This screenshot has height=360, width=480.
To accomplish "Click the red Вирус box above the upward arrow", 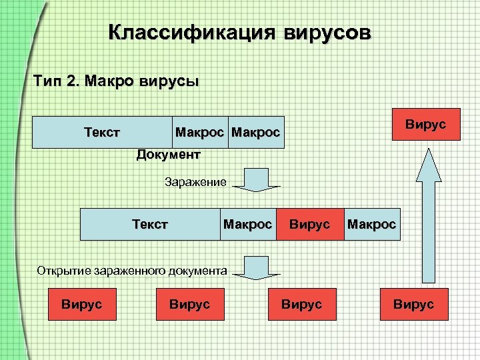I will [x=425, y=124].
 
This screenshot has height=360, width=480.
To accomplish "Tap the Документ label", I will [x=168, y=155].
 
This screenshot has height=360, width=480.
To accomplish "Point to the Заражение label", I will [x=195, y=181].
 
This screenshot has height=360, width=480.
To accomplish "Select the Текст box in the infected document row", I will [x=149, y=224].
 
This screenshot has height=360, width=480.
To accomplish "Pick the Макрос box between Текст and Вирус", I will [x=247, y=224].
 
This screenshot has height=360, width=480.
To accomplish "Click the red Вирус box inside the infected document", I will [x=309, y=224].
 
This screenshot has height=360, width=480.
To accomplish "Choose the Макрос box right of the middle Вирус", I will [x=371, y=224].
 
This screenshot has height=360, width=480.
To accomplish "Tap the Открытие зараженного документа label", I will [x=132, y=271].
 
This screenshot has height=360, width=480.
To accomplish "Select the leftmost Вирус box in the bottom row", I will [x=81, y=304].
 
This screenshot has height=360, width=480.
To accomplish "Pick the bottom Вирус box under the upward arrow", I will [x=413, y=304].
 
